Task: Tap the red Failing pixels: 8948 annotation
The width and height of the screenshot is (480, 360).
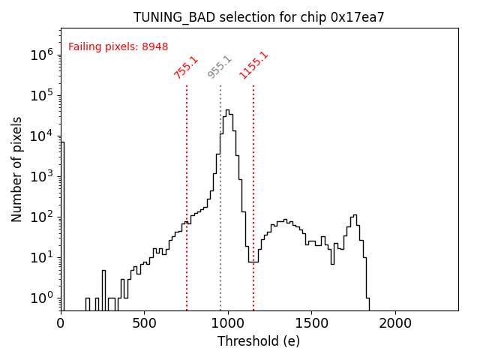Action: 118,47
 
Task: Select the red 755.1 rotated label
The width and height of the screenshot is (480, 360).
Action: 186,67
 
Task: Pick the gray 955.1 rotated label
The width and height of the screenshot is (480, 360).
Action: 220,67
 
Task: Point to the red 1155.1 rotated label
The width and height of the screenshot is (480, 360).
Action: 253,65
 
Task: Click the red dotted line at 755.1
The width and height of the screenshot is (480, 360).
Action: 187,187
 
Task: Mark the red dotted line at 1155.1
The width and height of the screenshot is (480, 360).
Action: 253,187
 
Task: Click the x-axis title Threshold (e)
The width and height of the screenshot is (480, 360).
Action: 259,341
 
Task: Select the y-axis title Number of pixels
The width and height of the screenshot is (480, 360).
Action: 17,169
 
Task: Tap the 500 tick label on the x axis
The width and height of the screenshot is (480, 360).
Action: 144,323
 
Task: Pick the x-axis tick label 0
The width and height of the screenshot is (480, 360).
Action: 61,323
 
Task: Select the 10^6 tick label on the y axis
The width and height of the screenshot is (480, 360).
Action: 41,55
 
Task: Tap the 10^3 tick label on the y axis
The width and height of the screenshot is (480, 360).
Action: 41,176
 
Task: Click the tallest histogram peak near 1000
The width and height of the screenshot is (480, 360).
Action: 227,110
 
